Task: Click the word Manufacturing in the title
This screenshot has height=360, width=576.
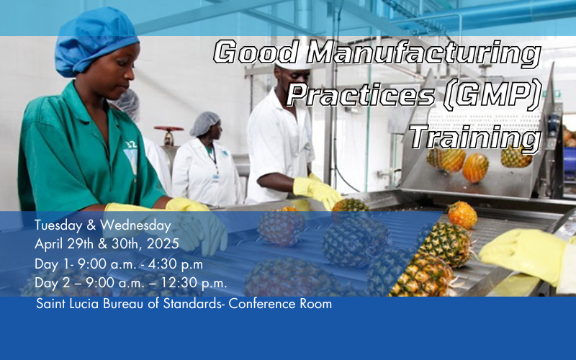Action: pyautogui.click(x=424, y=53)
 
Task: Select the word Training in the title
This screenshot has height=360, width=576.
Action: pyautogui.click(x=475, y=139)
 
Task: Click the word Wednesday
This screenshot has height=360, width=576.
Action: pyautogui.click(x=135, y=225)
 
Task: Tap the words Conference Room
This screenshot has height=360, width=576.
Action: pyautogui.click(x=280, y=304)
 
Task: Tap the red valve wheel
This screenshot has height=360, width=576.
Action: pyautogui.click(x=168, y=129)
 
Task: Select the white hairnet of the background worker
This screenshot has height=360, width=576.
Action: pyautogui.click(x=204, y=123)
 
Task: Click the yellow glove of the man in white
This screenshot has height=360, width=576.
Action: pyautogui.click(x=317, y=191)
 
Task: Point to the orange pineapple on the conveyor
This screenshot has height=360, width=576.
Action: pyautogui.click(x=462, y=215)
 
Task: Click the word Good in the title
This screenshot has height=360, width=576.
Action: pyautogui.click(x=256, y=51)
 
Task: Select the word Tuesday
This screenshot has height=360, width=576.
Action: pyautogui.click(x=58, y=225)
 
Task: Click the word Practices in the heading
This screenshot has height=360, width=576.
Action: pyautogui.click(x=361, y=95)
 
